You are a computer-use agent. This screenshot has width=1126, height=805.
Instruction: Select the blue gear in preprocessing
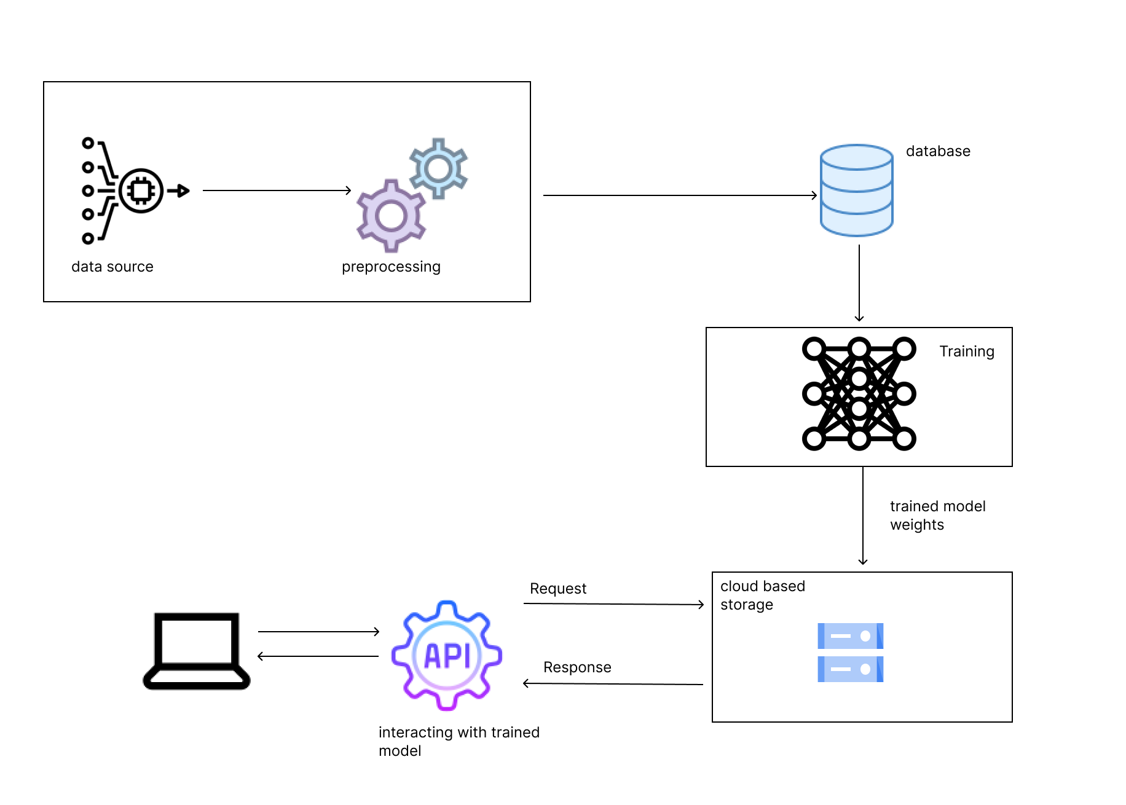pyautogui.click(x=438, y=168)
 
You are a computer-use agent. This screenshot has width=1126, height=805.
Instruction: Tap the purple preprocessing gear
pyautogui.click(x=391, y=216)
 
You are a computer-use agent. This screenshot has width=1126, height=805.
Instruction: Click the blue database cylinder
pyautogui.click(x=856, y=190)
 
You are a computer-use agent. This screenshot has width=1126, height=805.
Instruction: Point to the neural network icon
pyautogui.click(x=859, y=394)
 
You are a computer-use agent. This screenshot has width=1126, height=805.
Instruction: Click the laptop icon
pyautogui.click(x=197, y=651)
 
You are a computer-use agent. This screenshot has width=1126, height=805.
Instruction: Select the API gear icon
pyautogui.click(x=447, y=655)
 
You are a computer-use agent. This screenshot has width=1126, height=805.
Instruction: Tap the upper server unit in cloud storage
pyautogui.click(x=850, y=636)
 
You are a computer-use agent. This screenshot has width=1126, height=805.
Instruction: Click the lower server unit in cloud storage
pyautogui.click(x=850, y=669)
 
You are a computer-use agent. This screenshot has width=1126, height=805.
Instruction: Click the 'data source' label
pyautogui.click(x=112, y=267)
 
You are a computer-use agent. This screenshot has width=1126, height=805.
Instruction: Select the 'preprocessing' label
pyautogui.click(x=391, y=267)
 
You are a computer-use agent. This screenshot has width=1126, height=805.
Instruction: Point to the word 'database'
pyautogui.click(x=938, y=151)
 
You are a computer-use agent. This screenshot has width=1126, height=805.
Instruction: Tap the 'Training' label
pyautogui.click(x=966, y=351)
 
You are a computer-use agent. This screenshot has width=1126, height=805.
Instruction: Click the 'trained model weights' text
pyautogui.click(x=937, y=516)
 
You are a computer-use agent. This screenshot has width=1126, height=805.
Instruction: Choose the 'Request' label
pyautogui.click(x=558, y=589)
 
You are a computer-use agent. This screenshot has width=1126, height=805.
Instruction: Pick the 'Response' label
pyautogui.click(x=577, y=667)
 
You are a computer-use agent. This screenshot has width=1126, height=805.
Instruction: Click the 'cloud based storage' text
pyautogui.click(x=762, y=595)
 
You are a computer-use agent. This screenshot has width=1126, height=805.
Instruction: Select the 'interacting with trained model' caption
pyautogui.click(x=459, y=741)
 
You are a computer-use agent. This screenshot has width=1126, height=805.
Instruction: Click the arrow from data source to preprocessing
pyautogui.click(x=277, y=190)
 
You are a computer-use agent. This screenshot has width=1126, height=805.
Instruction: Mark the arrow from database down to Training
pyautogui.click(x=859, y=283)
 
